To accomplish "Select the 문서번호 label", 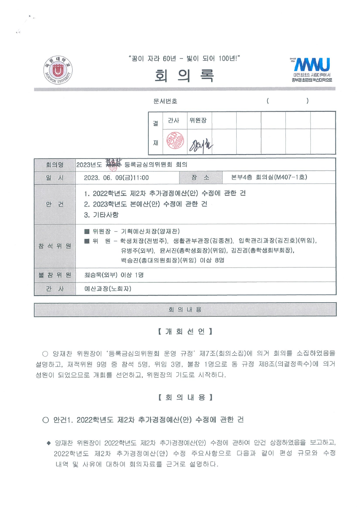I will click(165, 101).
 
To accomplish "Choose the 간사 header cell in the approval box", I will click(174, 120).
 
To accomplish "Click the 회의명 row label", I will click(55, 165).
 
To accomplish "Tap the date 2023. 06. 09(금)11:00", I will click(117, 178).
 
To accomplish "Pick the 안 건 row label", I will click(55, 204).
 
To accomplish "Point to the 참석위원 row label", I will click(55, 246).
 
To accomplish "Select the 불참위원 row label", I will click(55, 275).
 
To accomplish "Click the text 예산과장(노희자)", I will click(108, 288).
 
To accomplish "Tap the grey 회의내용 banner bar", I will click(185, 310).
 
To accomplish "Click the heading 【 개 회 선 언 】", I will click(185, 332).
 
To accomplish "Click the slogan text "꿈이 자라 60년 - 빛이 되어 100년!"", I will click(183, 59).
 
